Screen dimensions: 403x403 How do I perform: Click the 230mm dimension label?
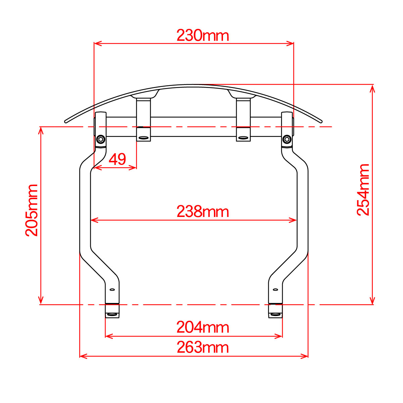(203, 35)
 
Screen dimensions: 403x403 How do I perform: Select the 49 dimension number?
(117, 159)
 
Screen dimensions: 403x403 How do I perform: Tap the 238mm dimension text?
(203, 212)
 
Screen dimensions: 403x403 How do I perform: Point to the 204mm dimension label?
(203, 327)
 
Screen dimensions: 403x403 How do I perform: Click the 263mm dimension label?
(203, 347)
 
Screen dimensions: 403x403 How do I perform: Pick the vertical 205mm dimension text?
(32, 210)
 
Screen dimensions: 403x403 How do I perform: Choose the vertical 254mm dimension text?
(363, 190)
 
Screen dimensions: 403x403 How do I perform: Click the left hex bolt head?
(101, 139)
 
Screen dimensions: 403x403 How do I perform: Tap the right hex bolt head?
(287, 139)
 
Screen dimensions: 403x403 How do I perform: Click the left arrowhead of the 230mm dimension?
(98, 44)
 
